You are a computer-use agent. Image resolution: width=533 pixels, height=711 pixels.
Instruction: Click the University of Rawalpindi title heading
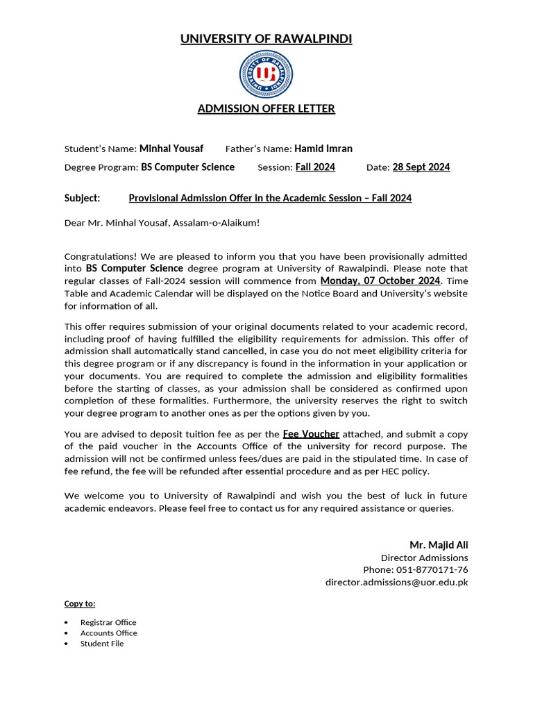(266, 39)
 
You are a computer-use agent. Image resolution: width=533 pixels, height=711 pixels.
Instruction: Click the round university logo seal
(266, 74)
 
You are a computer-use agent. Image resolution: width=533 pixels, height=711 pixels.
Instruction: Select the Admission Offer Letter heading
(266, 109)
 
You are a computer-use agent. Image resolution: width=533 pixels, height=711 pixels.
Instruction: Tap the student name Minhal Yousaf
(171, 149)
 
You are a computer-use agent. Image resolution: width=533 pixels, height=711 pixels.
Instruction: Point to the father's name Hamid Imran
(323, 149)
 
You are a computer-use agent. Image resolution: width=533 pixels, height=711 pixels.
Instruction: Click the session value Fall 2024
(315, 167)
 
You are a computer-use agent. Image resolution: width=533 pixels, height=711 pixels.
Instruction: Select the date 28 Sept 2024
(421, 167)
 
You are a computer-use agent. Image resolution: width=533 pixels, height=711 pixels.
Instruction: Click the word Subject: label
(82, 199)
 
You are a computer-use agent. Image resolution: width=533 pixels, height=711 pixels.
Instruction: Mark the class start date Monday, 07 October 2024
(380, 281)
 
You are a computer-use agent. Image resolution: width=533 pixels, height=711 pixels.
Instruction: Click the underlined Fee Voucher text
(311, 434)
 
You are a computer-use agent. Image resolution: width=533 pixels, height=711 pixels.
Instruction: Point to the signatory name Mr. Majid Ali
(439, 545)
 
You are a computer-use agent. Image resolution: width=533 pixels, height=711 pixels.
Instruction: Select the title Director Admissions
(424, 558)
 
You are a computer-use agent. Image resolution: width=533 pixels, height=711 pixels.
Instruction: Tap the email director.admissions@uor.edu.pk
(397, 583)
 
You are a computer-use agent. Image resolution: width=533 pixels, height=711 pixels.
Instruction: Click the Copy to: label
(80, 604)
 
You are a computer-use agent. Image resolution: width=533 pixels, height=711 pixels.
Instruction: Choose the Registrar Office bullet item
(108, 623)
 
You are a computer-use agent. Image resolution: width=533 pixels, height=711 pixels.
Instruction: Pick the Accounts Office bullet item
(108, 633)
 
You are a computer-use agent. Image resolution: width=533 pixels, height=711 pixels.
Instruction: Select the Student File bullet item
(102, 644)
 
